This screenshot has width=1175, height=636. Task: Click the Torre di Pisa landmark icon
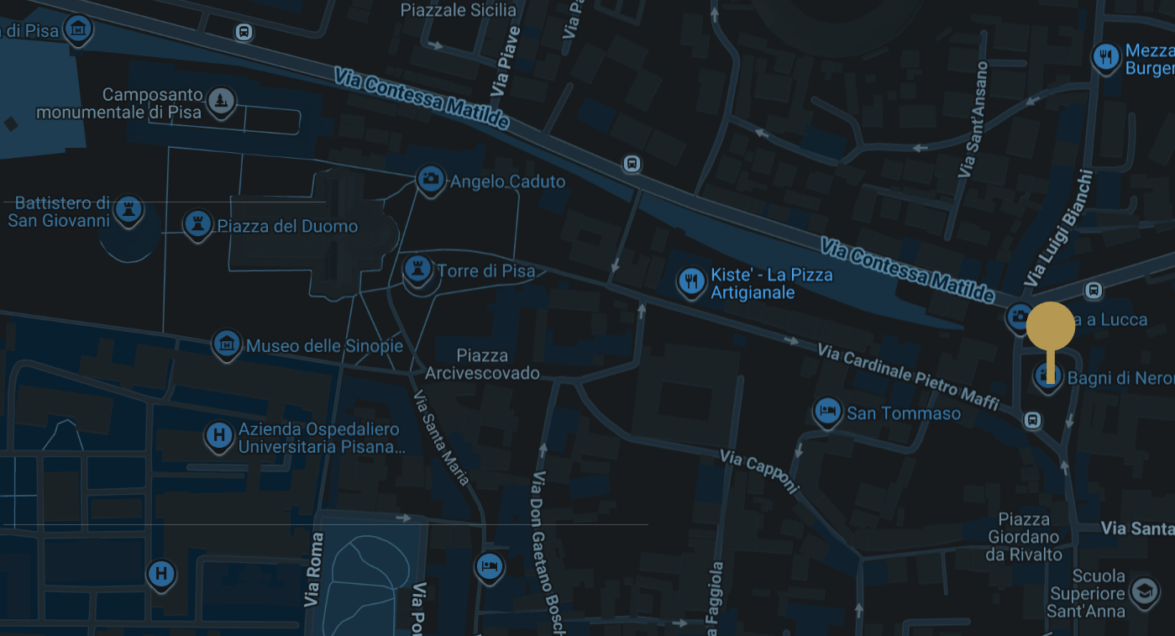416,270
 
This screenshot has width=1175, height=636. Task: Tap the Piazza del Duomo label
287,226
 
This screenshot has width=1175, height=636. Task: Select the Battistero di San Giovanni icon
129,208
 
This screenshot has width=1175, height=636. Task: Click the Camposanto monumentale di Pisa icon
221,101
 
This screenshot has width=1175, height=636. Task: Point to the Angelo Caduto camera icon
430,179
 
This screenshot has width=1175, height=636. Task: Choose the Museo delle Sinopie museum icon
227,344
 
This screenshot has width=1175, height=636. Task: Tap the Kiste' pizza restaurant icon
691,281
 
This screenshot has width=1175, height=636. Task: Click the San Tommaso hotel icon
827,412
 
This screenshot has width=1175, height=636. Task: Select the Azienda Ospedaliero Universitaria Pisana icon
219,435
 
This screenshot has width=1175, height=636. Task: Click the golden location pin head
1050,326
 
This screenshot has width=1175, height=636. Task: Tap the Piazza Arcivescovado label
482,364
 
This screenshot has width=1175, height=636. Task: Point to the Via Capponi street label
758,471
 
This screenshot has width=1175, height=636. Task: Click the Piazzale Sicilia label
459,10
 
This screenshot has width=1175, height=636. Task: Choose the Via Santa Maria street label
441,439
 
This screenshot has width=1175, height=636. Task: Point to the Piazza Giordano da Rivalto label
1024,537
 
